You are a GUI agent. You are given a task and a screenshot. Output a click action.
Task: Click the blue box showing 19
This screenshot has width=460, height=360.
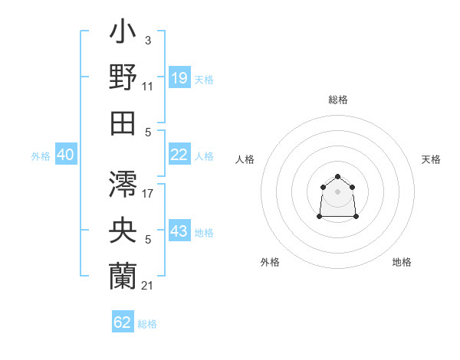tap(179, 78)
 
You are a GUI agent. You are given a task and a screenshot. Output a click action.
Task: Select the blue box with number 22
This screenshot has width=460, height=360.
tap(179, 155)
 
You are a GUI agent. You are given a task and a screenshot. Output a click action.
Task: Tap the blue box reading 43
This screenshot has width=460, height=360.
tap(179, 231)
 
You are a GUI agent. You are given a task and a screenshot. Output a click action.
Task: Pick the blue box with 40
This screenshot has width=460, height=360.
tap(65, 155)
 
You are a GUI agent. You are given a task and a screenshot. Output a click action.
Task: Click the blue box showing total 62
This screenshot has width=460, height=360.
tap(123, 322)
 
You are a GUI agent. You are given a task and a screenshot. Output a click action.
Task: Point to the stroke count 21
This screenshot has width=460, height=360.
tap(148, 286)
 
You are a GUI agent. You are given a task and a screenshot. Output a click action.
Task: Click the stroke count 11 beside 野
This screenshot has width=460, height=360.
tap(148, 87)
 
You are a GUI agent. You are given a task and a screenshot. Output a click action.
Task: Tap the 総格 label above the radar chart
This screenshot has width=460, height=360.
tap(337, 100)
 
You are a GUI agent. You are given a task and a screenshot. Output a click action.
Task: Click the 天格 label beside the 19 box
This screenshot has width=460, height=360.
tap(204, 80)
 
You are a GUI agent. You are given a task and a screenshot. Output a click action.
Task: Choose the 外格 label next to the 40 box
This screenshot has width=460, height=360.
tap(41, 156)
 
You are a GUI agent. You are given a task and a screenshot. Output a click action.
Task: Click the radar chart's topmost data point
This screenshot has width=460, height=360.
tap(337, 177)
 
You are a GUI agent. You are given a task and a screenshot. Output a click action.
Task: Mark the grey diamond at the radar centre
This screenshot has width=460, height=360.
tap(337, 191)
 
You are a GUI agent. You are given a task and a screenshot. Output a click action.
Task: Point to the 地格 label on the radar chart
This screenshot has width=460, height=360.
tap(402, 262)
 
